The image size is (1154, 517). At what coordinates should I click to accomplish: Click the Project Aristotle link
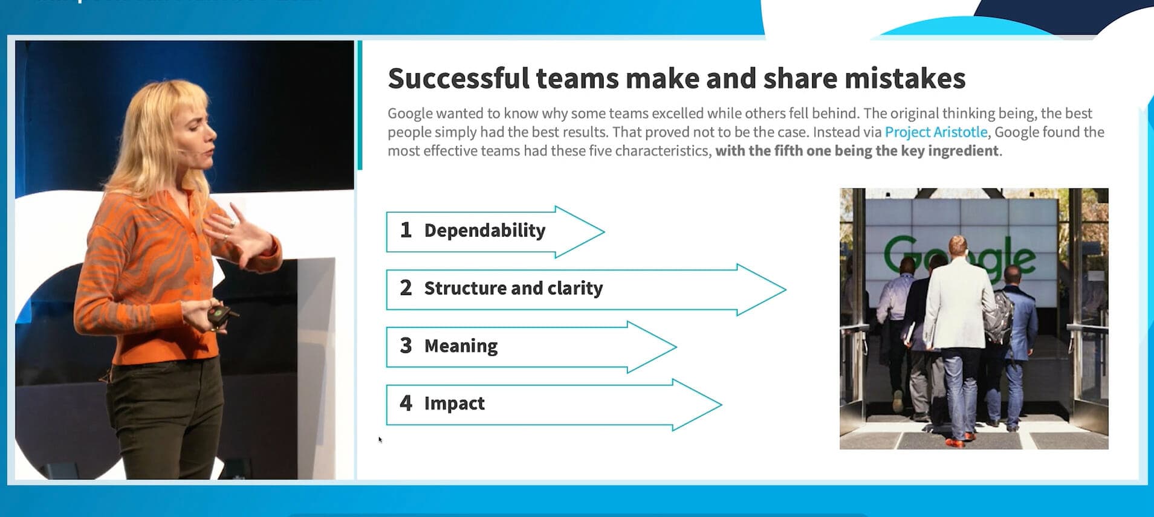(936, 132)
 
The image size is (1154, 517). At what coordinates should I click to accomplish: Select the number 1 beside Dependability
(406, 230)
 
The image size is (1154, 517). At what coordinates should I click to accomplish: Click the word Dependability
(485, 231)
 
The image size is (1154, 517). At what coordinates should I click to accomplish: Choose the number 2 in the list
(406, 287)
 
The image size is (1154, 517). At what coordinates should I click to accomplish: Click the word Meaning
(461, 346)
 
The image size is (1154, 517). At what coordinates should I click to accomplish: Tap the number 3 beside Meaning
(406, 345)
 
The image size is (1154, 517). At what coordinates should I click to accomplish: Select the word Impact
(455, 403)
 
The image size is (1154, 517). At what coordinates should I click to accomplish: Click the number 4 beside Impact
(406, 403)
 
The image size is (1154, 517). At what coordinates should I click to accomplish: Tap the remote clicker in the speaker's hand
(220, 316)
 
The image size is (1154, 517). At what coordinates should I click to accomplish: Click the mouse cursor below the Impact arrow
(380, 439)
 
